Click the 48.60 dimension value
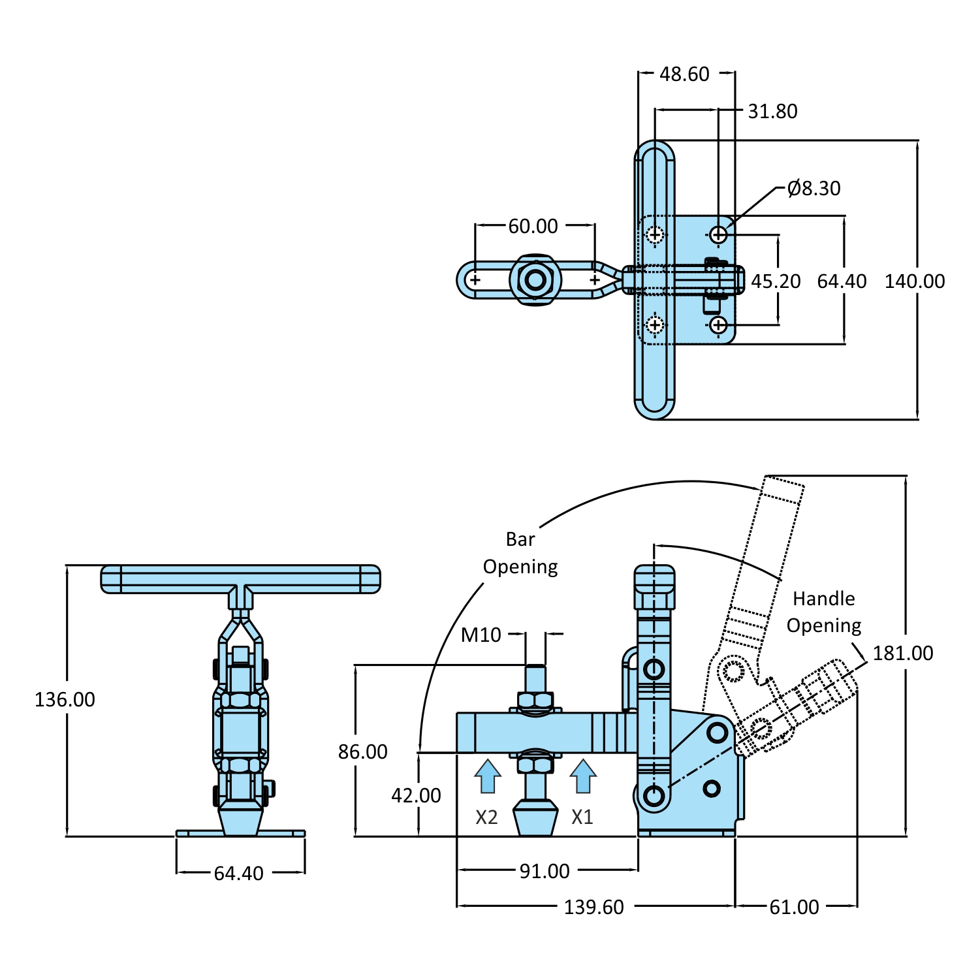coord(684,74)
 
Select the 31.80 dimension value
coord(772,112)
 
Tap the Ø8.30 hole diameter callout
coord(814,189)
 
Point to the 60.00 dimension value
coord(533,227)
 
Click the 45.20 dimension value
coord(775,281)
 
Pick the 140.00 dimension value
coord(914,281)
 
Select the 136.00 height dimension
coord(65,700)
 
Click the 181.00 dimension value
coord(902,653)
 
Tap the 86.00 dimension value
coord(362,752)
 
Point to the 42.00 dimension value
coord(416,795)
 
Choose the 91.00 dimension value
coord(545,871)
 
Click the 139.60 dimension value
coord(593,907)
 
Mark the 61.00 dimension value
coord(794,907)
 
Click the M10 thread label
coord(481,635)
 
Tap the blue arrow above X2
coord(487,776)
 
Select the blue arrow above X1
coord(583,776)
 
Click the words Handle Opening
coord(824,612)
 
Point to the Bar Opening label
coord(520,553)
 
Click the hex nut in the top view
coord(535,280)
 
